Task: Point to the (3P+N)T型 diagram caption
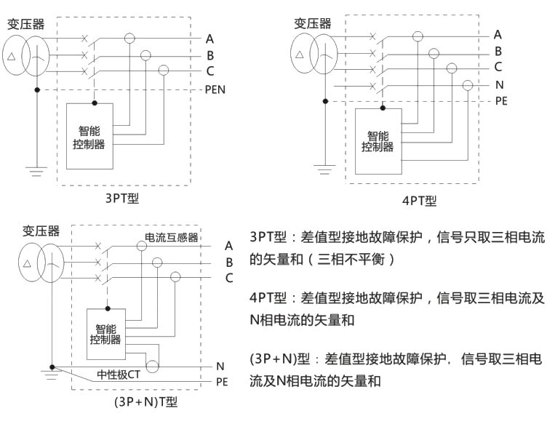coord(146,401)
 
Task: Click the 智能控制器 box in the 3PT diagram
coord(92,136)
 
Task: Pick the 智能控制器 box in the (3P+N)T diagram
coord(105,334)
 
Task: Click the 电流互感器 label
coord(172,238)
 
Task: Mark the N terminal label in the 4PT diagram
coord(499,85)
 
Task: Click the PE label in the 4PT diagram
coord(501,101)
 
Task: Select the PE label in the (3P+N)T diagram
coord(223,381)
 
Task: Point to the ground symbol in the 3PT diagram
coord(36,172)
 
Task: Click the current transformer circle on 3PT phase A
coord(129,38)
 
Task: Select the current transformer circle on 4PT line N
coord(467,85)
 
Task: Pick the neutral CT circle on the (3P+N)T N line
coord(152,365)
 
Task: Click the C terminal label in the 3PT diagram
coord(210,71)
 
